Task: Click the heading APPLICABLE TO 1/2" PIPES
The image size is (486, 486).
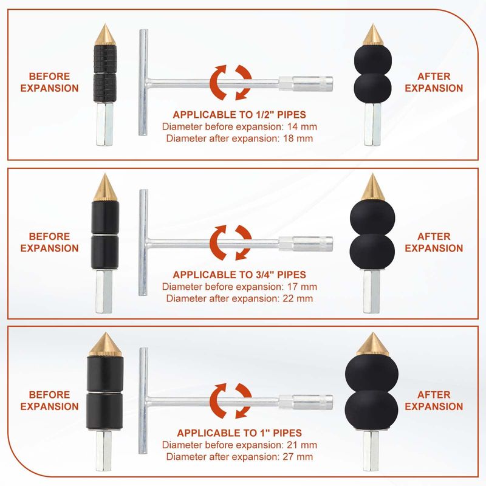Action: coord(239,115)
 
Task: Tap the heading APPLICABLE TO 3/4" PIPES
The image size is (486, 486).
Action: coord(239,275)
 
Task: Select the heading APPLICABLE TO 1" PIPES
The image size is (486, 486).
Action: coord(239,433)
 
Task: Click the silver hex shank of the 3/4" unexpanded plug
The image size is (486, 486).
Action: coord(104,292)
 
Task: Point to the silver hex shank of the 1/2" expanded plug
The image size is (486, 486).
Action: coord(372,125)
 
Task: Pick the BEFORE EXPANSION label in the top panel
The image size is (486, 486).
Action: coord(49,82)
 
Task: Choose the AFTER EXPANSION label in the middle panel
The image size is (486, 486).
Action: coord(434,242)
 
